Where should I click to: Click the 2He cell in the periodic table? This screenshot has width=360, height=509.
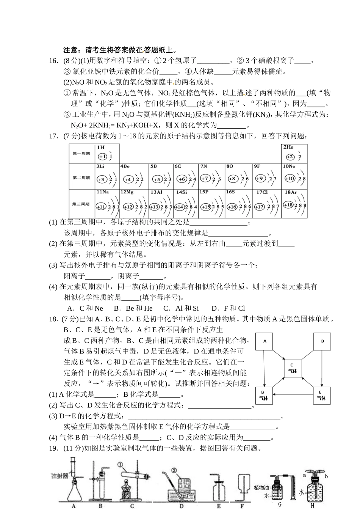pos(294,154)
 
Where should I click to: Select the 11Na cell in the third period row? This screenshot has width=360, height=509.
pos(107,203)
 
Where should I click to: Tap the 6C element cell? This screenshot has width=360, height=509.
pos(186,176)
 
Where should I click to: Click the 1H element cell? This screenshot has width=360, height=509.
pos(107,154)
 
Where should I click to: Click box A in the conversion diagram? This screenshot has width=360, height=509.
pos(265,341)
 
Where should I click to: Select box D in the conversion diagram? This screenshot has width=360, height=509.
pos(322,341)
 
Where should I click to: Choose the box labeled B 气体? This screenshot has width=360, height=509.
pos(263,395)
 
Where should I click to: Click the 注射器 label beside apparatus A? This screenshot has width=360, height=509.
pos(60,476)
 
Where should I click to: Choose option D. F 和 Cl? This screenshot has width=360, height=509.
pos(228,308)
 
